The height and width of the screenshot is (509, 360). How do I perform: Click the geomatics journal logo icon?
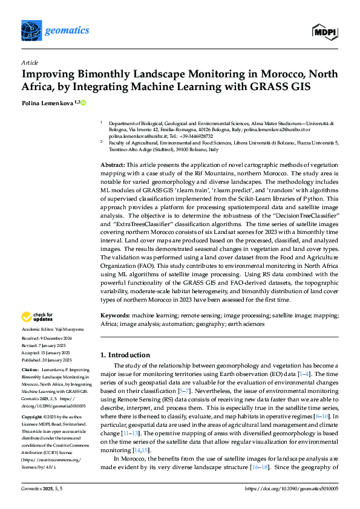coord(32,29)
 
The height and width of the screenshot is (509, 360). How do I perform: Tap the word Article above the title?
coord(29,62)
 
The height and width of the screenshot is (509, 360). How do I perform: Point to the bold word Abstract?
coord(112,165)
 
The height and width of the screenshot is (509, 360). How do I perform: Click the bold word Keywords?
coord(115,316)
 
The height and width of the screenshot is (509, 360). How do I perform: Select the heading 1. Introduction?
coord(125,355)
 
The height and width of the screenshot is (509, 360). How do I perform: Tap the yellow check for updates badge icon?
coord(28,317)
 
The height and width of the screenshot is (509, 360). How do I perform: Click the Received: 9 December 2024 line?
coord(49,339)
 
